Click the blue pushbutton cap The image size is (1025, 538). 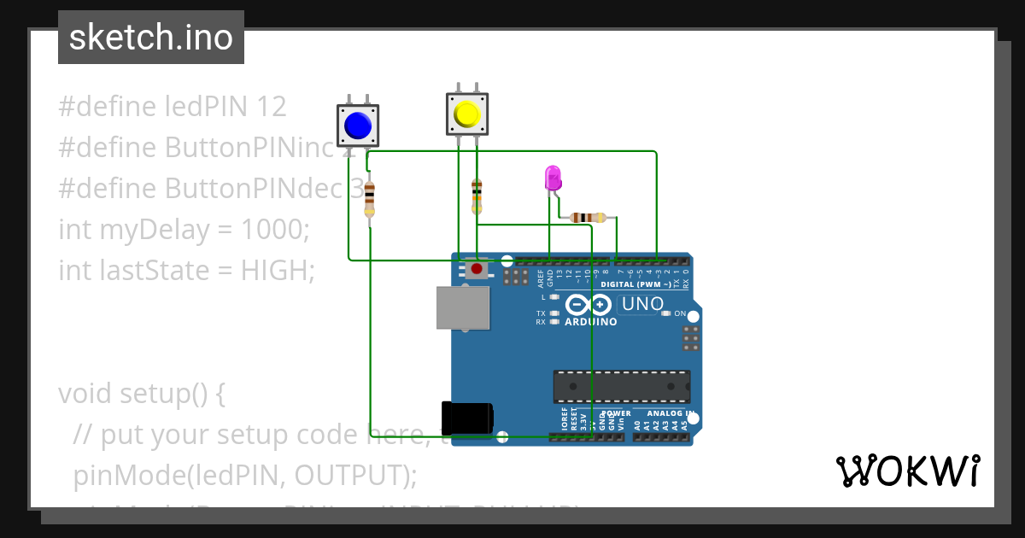tap(358, 126)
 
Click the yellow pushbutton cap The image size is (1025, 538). tap(467, 114)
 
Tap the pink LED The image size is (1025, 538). tap(553, 178)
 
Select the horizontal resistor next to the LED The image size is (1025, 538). tap(588, 217)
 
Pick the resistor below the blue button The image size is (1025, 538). tap(369, 199)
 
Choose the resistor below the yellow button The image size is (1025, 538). tap(477, 196)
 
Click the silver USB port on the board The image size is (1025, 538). tap(464, 307)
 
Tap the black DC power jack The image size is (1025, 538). tap(466, 417)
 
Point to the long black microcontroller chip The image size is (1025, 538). tap(621, 386)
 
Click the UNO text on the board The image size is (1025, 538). tap(642, 304)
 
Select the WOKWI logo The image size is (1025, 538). tap(907, 471)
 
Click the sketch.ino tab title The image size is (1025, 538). tap(151, 38)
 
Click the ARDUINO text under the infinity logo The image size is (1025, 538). tap(590, 322)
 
